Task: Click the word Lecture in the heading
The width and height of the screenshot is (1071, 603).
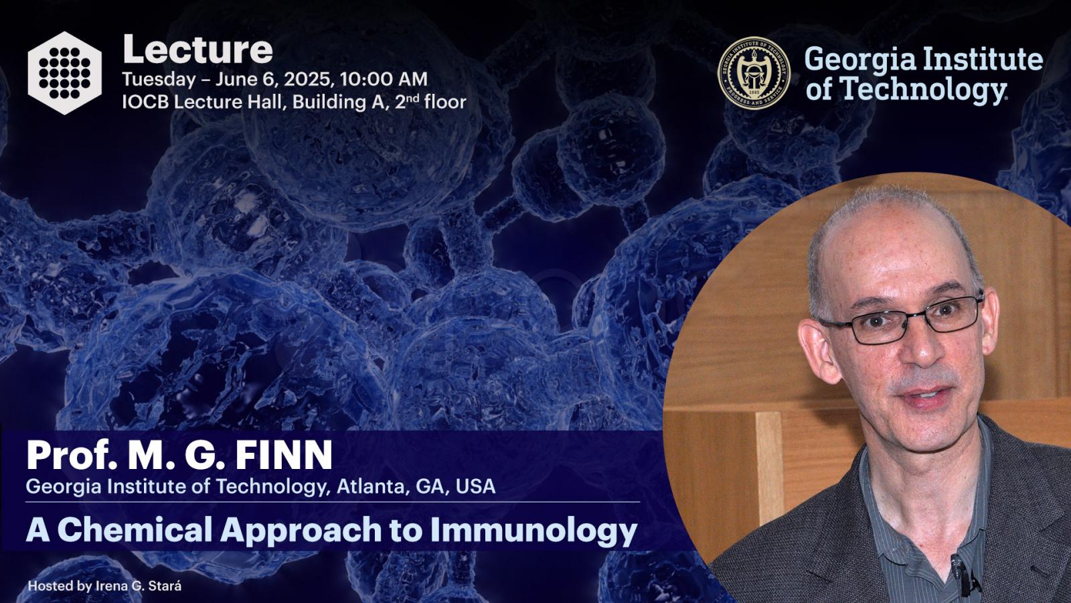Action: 197,50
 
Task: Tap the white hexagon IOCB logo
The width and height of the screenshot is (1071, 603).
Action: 64,73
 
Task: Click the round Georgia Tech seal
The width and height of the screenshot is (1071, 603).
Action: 754,73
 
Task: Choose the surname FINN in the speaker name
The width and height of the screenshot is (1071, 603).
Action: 284,455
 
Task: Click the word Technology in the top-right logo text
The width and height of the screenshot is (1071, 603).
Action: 923,89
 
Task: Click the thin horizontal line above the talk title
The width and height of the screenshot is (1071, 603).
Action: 333,502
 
